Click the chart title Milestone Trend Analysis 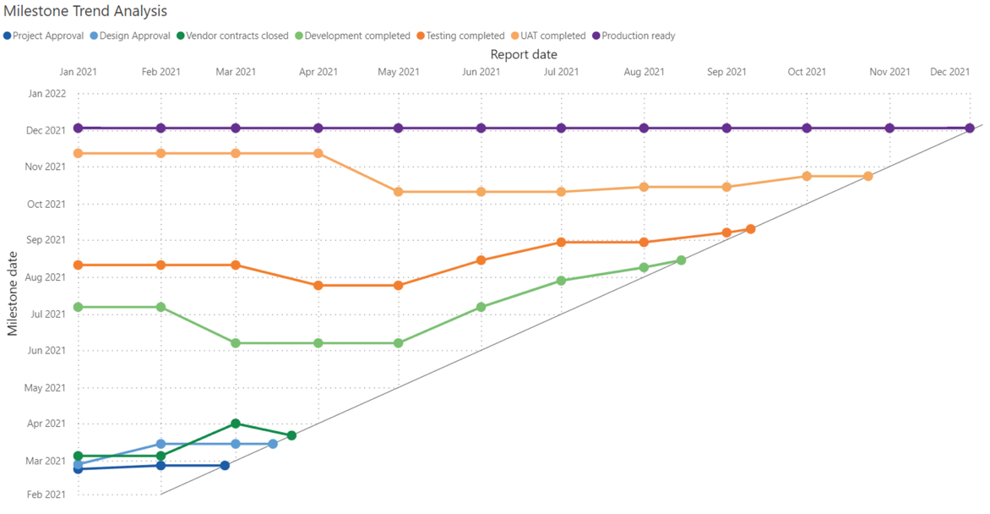tap(85, 11)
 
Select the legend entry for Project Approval tap(47, 36)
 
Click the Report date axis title tap(524, 54)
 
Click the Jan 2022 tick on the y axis tap(46, 94)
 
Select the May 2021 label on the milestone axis tap(46, 388)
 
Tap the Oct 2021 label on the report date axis tap(807, 72)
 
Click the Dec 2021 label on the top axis tap(949, 72)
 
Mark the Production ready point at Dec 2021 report tap(970, 128)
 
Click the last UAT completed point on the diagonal tap(868, 176)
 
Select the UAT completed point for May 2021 tap(398, 192)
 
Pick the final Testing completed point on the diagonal tap(750, 229)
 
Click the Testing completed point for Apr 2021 tap(318, 286)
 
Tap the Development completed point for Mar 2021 tap(236, 343)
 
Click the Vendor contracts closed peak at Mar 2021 tap(236, 424)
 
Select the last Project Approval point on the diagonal tap(225, 466)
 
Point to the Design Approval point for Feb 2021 tap(160, 444)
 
